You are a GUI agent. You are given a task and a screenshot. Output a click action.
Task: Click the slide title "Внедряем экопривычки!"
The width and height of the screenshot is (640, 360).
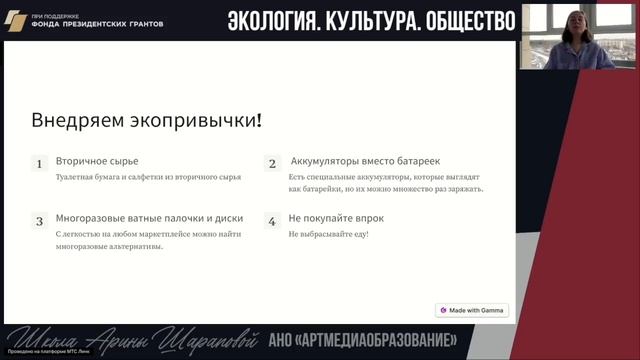[146, 121]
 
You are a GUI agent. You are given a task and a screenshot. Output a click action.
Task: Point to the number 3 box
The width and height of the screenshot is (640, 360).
[39, 221]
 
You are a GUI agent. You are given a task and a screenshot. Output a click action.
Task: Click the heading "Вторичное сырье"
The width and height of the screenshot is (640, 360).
[97, 160]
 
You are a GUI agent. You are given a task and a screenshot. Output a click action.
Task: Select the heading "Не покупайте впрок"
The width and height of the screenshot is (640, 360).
[336, 218]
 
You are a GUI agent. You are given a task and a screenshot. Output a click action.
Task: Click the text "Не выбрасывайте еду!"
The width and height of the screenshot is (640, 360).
[328, 234]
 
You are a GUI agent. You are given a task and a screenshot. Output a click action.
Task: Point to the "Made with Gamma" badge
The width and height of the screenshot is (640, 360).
[471, 310]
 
